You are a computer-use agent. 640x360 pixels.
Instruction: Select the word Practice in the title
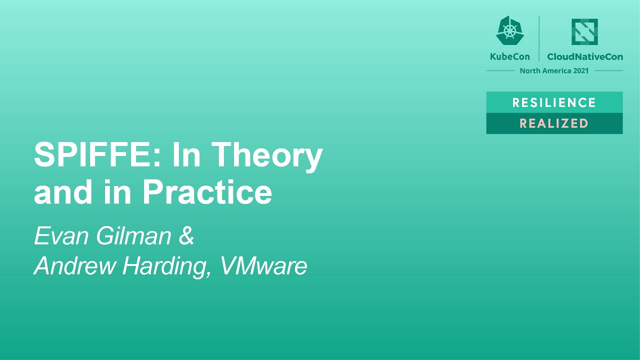point(207,191)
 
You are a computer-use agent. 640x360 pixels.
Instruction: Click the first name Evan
point(62,235)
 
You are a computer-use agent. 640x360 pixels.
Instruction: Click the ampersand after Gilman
point(186,235)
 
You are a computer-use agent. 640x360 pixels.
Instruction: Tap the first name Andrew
point(75,265)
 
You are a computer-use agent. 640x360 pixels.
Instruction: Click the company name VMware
point(263,265)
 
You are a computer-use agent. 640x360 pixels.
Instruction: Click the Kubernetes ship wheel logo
point(509,31)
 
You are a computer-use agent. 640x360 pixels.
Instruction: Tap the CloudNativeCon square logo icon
point(584,31)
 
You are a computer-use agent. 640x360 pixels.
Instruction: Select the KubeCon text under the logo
point(509,56)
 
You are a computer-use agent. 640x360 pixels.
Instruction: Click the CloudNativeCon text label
point(585,56)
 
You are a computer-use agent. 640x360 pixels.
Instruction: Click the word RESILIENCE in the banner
point(554,102)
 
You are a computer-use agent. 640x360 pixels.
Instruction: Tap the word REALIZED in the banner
point(554,123)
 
